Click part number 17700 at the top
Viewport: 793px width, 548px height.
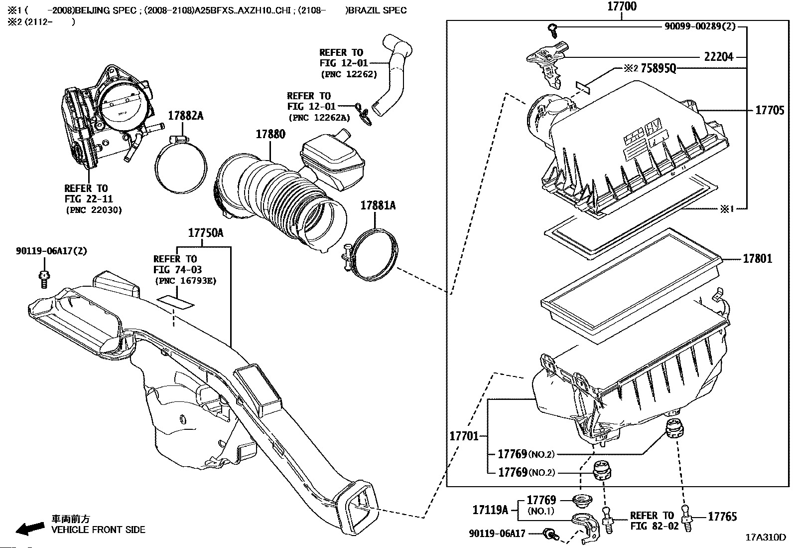(622, 6)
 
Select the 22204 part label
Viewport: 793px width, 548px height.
(718, 57)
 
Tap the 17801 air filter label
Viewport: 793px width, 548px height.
(757, 258)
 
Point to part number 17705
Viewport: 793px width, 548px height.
(770, 110)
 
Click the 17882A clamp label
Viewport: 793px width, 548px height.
(185, 116)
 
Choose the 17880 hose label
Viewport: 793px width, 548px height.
(270, 134)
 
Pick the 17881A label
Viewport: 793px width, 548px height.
(378, 205)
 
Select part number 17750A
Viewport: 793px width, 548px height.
(206, 233)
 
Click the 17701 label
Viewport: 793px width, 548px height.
(464, 436)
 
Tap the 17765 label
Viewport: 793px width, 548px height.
(722, 517)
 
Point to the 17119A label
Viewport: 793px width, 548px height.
(490, 510)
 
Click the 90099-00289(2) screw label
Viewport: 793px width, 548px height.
(700, 26)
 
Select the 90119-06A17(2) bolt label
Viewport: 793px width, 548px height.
(51, 251)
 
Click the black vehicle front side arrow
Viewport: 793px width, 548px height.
(30, 529)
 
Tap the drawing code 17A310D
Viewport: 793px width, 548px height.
(766, 538)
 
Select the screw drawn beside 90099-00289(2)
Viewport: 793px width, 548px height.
(552, 30)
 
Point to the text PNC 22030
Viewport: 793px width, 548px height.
(94, 210)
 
